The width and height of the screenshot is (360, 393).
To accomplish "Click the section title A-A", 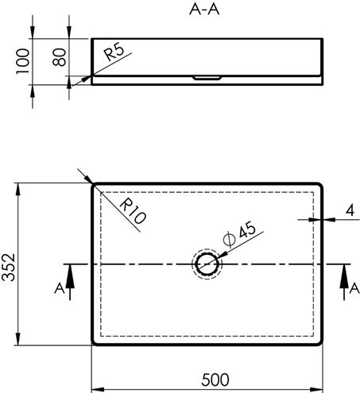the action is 204,10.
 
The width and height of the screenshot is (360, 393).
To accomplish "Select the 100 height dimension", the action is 22,61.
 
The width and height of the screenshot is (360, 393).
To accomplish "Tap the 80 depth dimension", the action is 59,57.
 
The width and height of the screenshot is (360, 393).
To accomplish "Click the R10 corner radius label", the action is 133,211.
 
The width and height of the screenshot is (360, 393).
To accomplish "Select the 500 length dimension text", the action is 215,380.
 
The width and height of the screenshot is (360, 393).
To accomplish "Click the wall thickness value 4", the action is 350,210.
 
